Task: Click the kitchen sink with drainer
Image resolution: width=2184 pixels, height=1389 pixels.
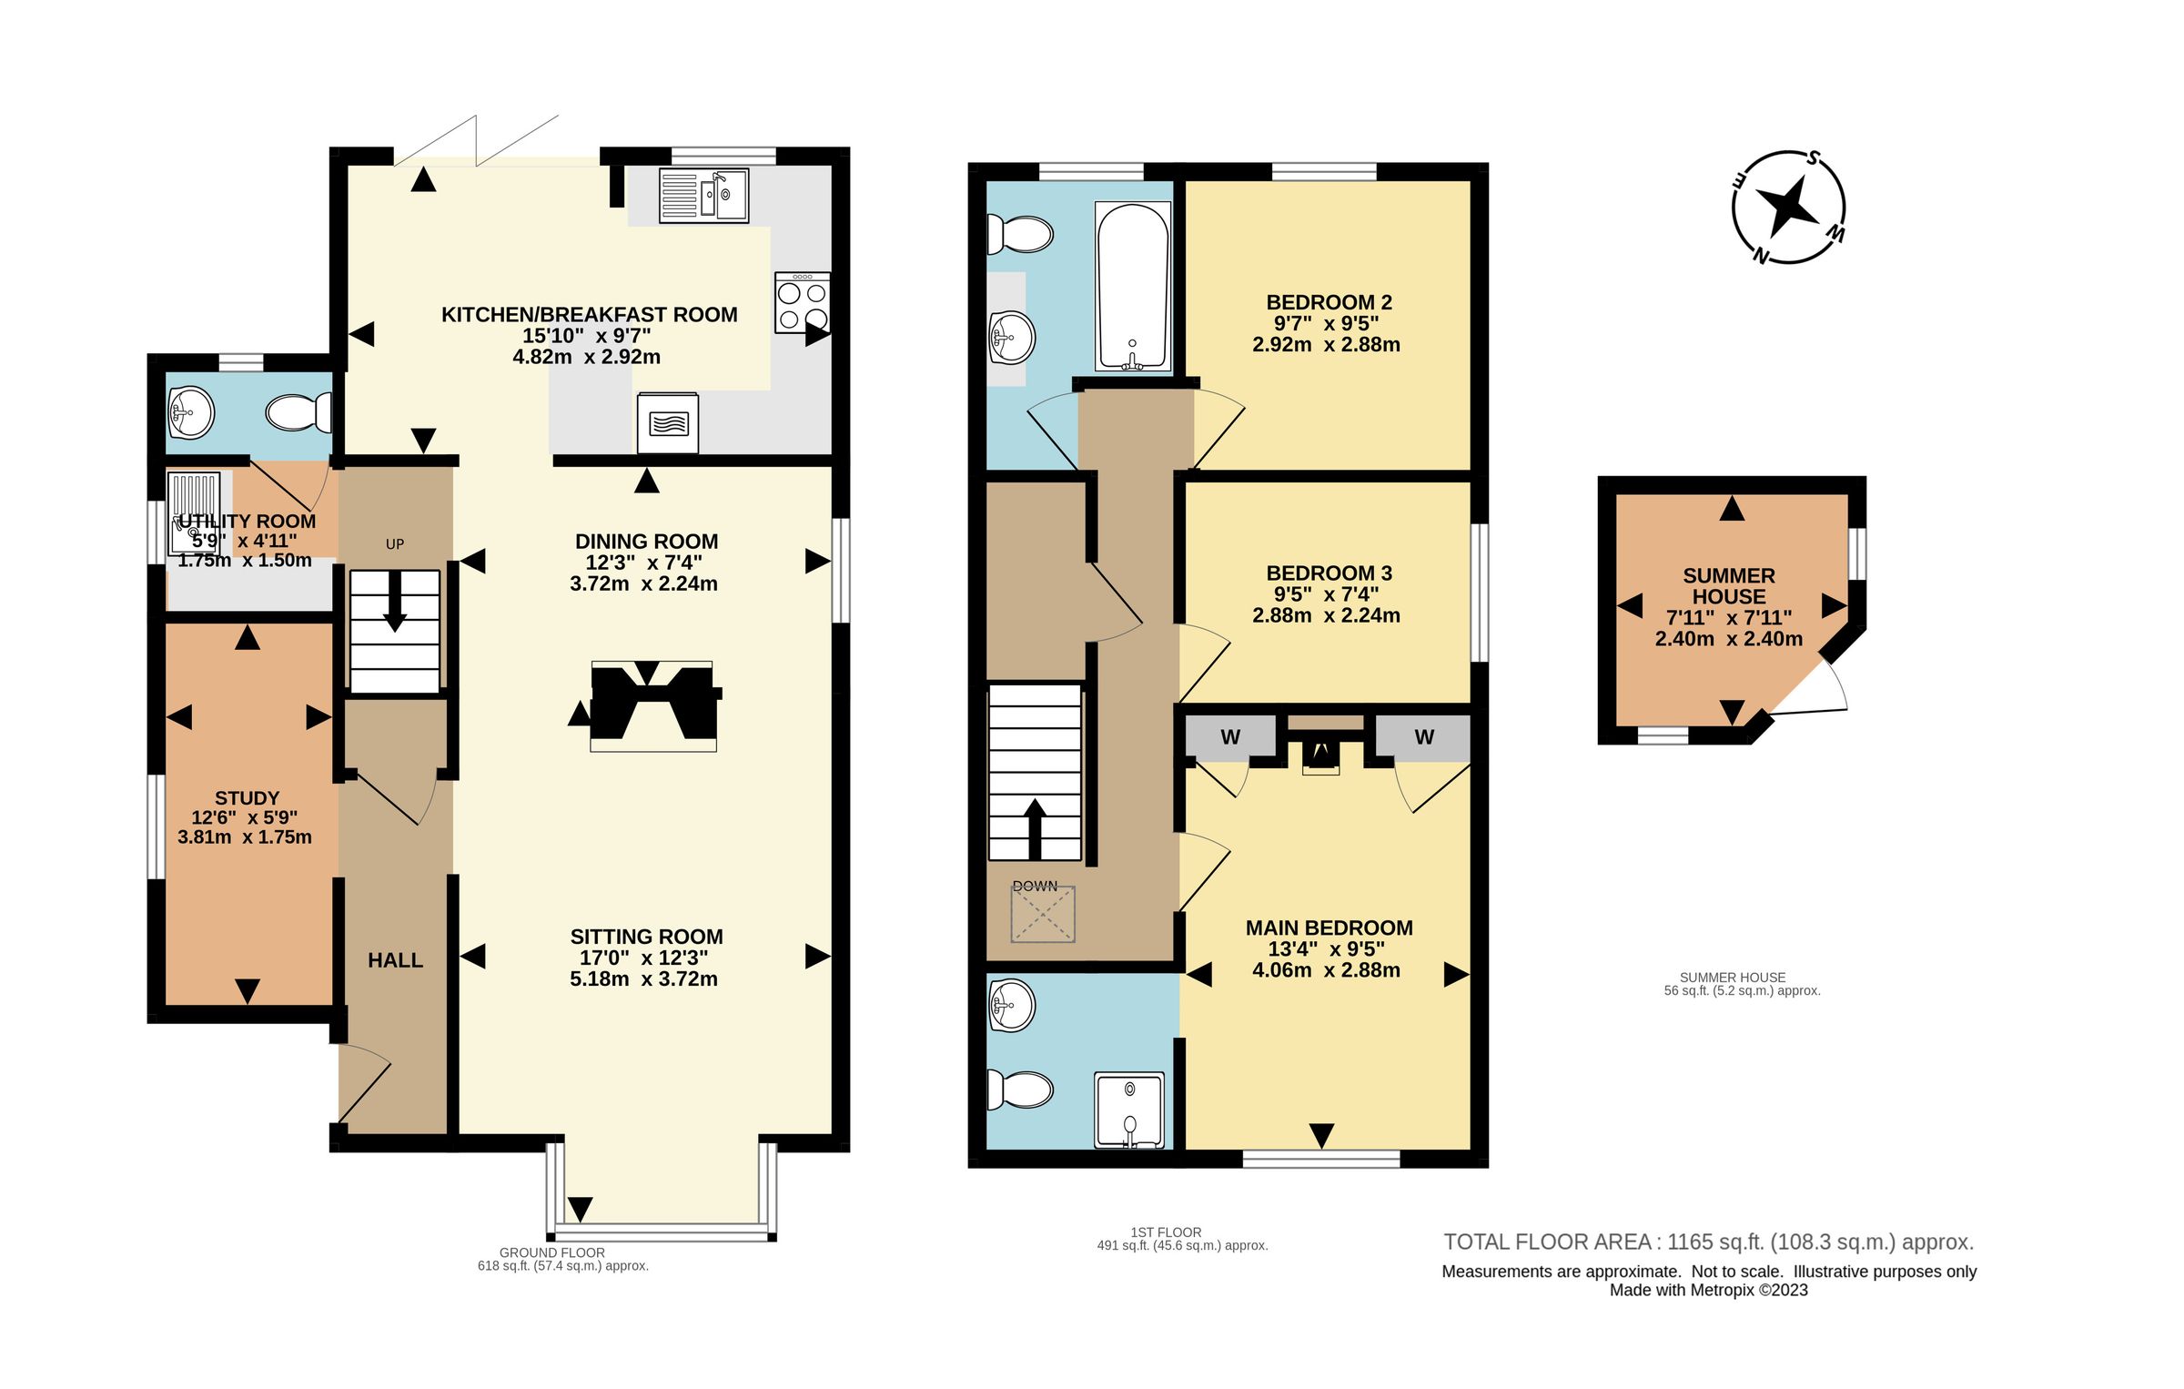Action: tap(703, 195)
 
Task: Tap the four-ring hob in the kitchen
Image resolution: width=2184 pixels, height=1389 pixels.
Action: tap(802, 302)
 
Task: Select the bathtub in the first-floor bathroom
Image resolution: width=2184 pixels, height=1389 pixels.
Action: tap(1133, 287)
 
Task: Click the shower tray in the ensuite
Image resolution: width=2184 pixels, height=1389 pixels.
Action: tap(1129, 1110)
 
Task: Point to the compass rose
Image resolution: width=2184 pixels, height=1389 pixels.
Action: tap(1789, 208)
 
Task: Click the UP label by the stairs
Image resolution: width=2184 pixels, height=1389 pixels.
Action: tap(395, 544)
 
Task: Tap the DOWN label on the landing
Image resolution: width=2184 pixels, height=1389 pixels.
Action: tap(1035, 886)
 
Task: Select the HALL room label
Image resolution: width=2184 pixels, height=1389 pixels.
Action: tap(395, 960)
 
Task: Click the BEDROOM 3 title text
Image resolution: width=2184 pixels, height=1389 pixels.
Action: tap(1329, 573)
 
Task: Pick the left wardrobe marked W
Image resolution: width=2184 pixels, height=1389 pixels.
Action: tap(1230, 737)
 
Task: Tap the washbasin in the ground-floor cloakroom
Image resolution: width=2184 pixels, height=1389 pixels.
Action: tap(190, 413)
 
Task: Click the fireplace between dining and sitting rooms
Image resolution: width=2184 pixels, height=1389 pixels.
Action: tap(652, 705)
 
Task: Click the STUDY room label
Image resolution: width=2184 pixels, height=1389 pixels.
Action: tap(247, 797)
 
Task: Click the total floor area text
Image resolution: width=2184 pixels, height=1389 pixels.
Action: tap(1708, 1242)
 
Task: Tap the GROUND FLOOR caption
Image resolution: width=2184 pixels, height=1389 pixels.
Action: tap(551, 1252)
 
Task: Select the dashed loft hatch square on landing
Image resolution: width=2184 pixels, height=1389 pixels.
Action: tap(1042, 914)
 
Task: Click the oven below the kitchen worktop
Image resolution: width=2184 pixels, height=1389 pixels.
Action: tap(668, 423)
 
